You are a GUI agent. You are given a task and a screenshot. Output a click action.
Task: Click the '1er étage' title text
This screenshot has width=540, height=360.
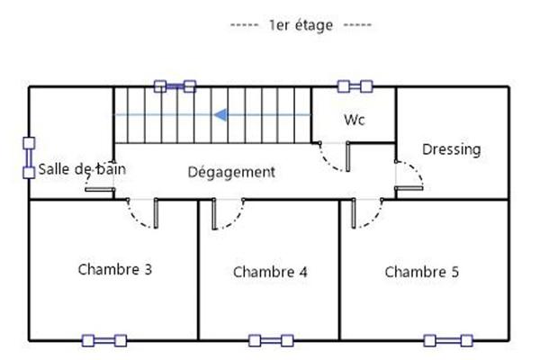pos(301,25)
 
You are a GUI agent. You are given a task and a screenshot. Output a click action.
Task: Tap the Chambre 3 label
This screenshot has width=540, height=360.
pos(114,269)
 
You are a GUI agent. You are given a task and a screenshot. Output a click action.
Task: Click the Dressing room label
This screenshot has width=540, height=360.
pos(452,148)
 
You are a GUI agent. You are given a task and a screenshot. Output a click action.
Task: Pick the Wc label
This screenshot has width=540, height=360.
pos(354,120)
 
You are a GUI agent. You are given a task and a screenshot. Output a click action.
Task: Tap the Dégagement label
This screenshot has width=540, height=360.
pos(231,171)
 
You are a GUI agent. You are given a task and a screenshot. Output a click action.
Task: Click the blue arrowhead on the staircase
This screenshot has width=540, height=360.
pos(220,114)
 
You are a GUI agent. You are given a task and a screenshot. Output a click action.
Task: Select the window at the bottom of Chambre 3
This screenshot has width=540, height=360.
pos(105,340)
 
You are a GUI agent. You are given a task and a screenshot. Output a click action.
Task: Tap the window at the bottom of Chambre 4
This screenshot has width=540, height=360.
pos(271,340)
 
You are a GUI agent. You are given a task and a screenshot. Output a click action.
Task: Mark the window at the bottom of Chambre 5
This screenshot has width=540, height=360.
pos(448,340)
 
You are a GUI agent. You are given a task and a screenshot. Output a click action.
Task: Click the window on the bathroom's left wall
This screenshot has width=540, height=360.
pos(29,157)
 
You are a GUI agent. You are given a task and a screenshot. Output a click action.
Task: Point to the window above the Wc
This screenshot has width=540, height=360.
pos(355,86)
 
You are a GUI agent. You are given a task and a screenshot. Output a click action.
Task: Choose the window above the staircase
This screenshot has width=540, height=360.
pos(175,86)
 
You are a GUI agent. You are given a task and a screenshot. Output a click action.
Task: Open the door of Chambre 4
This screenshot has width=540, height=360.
pos(229,214)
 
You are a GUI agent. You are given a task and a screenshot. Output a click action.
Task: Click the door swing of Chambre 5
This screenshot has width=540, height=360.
pos(367,214)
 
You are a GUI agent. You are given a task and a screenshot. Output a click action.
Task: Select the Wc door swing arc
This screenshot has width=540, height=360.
pos(334,159)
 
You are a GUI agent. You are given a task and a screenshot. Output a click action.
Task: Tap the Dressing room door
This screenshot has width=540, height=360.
pos(408,175)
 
